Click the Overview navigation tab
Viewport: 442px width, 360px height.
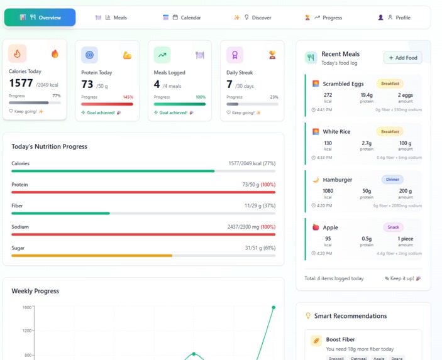point(40,18)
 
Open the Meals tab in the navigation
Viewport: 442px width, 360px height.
point(111,18)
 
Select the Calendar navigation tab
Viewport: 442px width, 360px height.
point(182,18)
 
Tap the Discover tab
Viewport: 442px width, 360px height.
point(253,18)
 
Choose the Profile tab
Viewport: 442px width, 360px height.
point(394,18)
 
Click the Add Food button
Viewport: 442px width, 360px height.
point(402,58)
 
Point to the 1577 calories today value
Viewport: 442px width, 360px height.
point(21,84)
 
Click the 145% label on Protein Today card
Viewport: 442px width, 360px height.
point(128,97)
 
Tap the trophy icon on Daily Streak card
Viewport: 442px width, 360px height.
point(272,55)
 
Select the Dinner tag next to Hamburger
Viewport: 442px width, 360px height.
point(392,180)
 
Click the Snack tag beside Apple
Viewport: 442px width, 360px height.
point(393,227)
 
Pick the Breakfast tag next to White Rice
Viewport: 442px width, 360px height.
point(390,132)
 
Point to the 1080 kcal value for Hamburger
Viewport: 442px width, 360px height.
point(328,191)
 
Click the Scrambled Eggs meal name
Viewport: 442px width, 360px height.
point(343,84)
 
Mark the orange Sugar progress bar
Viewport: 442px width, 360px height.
point(91,256)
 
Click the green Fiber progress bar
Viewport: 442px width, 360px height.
point(60,214)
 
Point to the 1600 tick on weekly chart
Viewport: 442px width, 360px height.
point(27,307)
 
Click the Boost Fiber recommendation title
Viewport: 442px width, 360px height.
point(340,339)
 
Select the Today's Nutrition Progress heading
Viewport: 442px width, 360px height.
point(49,146)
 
